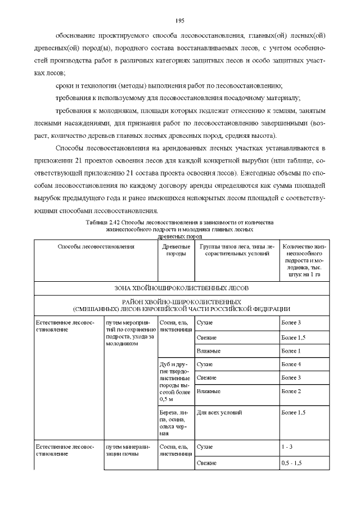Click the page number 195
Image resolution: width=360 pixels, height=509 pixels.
point(180,21)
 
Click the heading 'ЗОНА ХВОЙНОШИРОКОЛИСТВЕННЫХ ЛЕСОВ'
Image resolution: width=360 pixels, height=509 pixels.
point(180,288)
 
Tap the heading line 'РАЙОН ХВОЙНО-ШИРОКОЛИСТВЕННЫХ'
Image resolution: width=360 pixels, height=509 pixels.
point(180,302)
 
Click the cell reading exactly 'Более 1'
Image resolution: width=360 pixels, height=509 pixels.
point(291,351)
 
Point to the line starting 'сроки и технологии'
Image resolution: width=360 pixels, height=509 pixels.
point(169,86)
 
